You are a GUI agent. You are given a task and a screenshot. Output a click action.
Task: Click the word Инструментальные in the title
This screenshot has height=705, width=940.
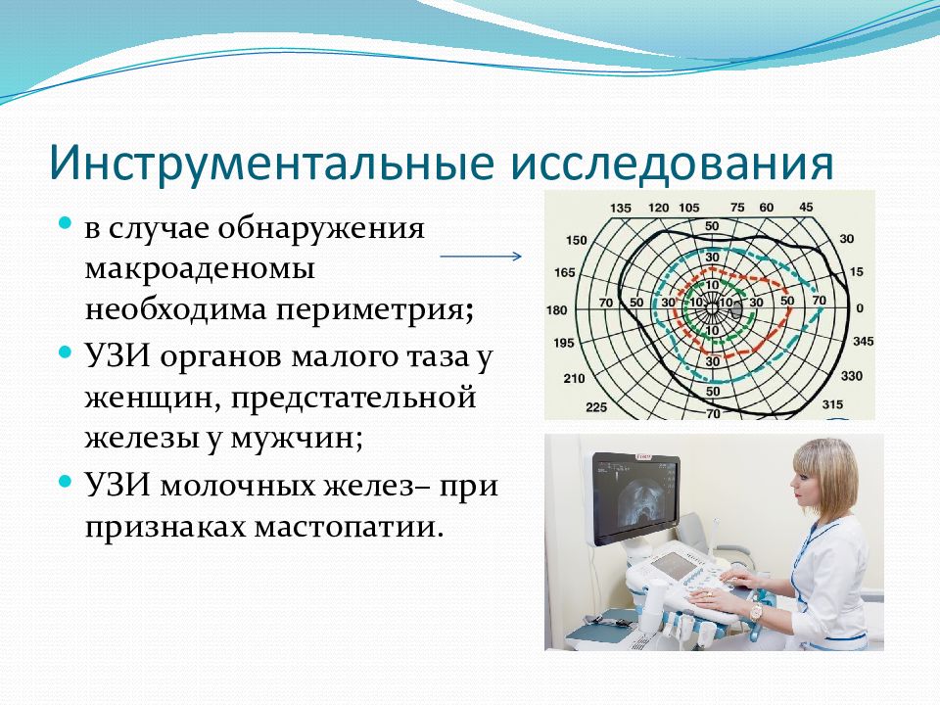(x=271, y=162)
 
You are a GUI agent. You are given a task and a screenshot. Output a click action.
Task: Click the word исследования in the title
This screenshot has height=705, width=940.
(x=672, y=164)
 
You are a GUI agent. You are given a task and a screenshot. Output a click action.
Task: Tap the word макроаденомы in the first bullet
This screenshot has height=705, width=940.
(x=200, y=269)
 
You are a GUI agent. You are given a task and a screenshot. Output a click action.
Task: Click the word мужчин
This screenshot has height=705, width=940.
(x=297, y=440)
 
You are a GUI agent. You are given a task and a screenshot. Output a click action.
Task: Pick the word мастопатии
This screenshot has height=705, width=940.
(x=349, y=528)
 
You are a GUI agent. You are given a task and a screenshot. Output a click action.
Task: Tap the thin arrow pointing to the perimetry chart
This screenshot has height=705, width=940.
(x=481, y=257)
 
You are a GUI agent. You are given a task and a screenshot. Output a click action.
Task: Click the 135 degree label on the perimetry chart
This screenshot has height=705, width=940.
(x=621, y=208)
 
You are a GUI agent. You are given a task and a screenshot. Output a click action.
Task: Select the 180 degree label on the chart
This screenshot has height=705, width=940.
(x=556, y=310)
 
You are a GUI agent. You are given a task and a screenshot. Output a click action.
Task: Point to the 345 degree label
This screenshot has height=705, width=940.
(x=864, y=341)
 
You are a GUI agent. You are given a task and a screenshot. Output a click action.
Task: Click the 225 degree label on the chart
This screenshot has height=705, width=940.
(x=596, y=407)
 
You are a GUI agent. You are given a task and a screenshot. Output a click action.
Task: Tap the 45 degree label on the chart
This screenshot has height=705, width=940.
(x=806, y=207)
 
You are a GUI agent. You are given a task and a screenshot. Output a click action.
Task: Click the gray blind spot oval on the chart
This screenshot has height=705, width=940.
(x=736, y=309)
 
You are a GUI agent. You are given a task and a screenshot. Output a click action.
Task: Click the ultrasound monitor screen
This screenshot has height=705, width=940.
(x=635, y=495)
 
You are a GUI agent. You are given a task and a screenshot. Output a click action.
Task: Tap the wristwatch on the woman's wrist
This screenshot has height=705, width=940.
(x=756, y=610)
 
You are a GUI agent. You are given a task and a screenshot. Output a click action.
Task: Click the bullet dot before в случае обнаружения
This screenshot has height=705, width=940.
(x=66, y=223)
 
